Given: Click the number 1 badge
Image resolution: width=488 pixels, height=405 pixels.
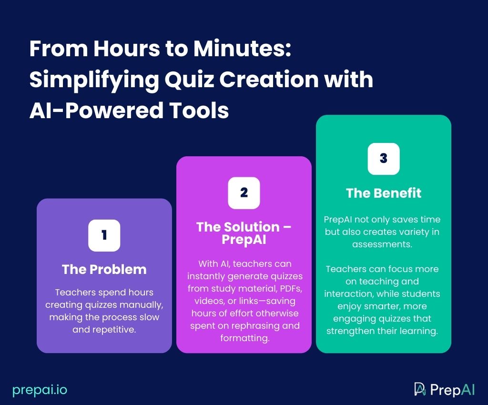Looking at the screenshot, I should (x=104, y=235).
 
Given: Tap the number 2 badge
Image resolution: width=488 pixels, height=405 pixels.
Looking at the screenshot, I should (x=244, y=192).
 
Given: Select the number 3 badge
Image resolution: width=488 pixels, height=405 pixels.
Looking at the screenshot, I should (x=383, y=159).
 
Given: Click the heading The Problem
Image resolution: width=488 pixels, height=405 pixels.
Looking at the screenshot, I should (x=104, y=269).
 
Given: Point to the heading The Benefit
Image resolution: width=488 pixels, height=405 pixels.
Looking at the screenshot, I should (x=383, y=193).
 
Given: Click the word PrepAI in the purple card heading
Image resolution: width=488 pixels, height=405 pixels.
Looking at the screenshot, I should (x=244, y=240).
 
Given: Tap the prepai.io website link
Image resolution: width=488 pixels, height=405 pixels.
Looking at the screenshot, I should (x=40, y=390).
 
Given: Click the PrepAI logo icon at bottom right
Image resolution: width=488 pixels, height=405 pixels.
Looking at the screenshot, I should (x=420, y=389).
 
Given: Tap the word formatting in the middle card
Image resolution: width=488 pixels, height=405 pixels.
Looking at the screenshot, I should (x=244, y=338).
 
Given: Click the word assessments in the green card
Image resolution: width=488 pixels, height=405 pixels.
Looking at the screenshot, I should (x=383, y=244).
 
